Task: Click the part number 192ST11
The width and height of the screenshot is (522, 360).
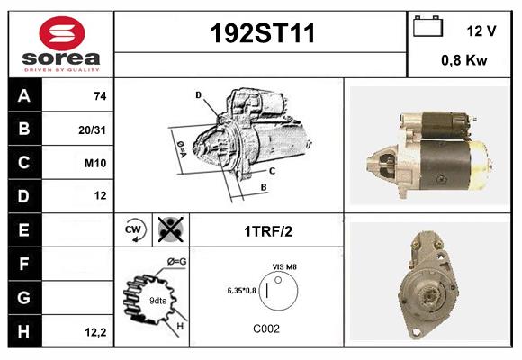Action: [x=262, y=33]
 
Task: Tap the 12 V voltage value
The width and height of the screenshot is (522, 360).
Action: [x=481, y=31]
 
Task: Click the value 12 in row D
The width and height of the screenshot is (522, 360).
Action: [x=100, y=195]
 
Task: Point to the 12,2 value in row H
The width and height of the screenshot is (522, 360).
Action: [x=96, y=332]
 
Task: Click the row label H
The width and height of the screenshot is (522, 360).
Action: [x=23, y=332]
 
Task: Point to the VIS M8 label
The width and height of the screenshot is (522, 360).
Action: [x=284, y=267]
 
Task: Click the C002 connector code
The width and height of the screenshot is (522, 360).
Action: [x=265, y=328]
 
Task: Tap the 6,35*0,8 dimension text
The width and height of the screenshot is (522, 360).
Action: [x=241, y=290]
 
